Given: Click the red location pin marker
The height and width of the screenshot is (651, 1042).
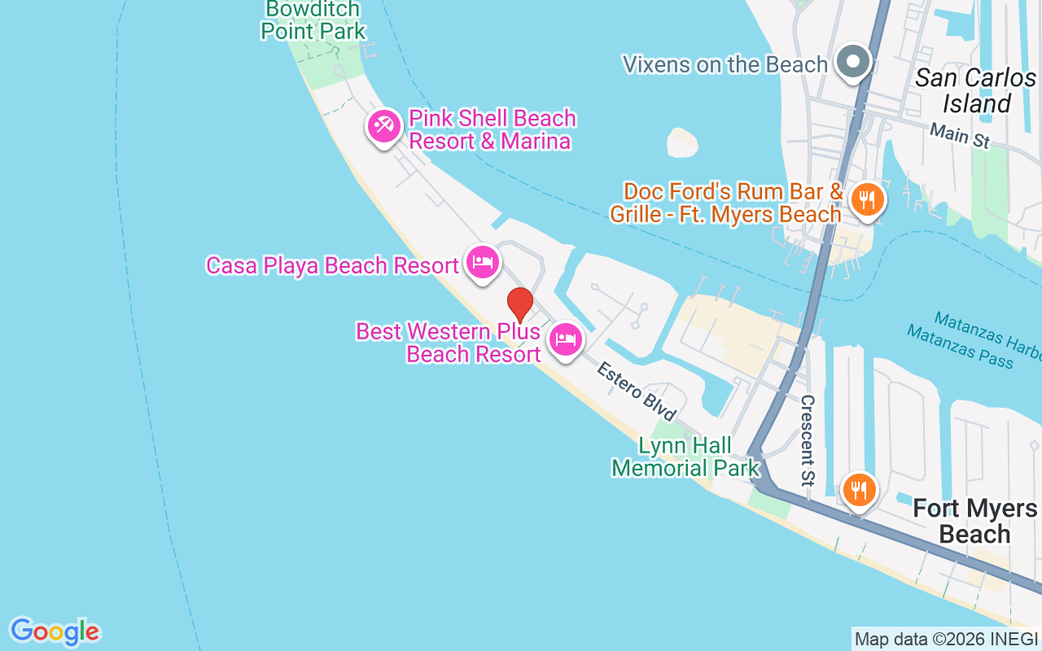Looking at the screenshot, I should point(519,304).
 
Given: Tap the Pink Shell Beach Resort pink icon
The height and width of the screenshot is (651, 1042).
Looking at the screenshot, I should point(383,126).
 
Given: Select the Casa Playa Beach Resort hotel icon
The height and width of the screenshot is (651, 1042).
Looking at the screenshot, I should point(483,262).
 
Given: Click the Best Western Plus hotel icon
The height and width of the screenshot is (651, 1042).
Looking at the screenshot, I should point(566,339).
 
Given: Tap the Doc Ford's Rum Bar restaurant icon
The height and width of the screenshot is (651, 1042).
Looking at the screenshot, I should point(867,199).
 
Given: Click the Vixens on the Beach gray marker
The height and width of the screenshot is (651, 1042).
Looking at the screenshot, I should point(853,62).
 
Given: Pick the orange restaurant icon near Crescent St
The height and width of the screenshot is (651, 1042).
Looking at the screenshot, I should point(858,490).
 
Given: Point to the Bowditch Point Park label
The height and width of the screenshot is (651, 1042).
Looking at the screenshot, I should point(313,20).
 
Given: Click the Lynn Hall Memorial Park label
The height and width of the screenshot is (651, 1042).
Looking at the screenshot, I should point(685,457).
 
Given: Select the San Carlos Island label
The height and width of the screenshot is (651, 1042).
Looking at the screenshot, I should point(975,90).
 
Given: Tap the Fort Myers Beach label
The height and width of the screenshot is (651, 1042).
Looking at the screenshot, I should point(974,522).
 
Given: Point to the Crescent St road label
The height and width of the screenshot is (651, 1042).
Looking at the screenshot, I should point(808,440).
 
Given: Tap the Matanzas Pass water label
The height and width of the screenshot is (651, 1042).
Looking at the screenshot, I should point(960,347).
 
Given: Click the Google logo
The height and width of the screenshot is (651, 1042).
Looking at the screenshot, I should point(55,631).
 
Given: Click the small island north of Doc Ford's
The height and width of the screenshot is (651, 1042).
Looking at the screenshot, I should point(682,142).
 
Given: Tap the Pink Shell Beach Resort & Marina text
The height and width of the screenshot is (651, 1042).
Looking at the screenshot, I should point(492,129).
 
